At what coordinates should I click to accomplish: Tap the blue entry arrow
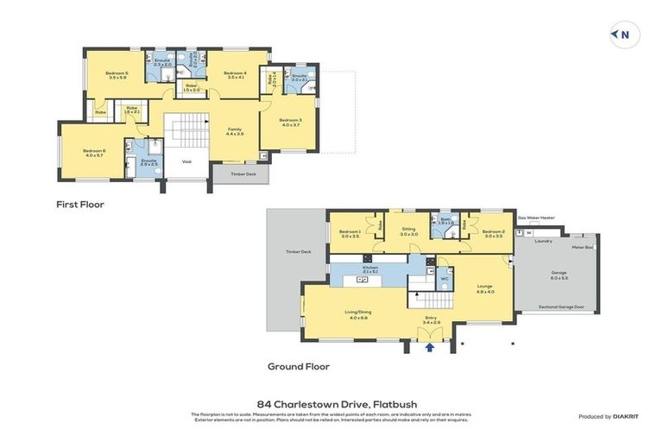coord(429,348)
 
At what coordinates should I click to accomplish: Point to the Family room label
coord(234,131)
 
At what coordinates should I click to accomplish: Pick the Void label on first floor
coord(186,161)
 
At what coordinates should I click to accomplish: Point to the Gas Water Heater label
coord(535,218)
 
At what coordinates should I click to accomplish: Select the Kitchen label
coord(370,268)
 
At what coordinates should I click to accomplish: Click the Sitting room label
coord(408,231)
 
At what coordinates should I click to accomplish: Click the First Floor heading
coord(79,205)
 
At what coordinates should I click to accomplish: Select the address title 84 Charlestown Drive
coord(331,403)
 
